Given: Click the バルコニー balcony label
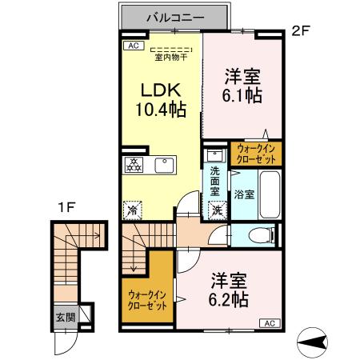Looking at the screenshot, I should pyautogui.click(x=176, y=16).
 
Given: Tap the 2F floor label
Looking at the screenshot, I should pyautogui.click(x=299, y=32).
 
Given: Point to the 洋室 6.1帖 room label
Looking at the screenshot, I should pyautogui.click(x=242, y=86).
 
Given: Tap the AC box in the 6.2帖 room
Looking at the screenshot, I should pyautogui.click(x=268, y=323).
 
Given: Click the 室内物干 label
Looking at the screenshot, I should pyautogui.click(x=170, y=57).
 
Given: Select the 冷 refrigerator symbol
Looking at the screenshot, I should pyautogui.click(x=131, y=211).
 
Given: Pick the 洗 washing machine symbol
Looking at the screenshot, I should pyautogui.click(x=216, y=210).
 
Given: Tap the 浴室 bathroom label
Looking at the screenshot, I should pyautogui.click(x=244, y=194).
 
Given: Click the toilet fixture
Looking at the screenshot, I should pyautogui.click(x=261, y=235).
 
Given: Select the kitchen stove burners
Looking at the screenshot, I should pyautogui.click(x=133, y=165).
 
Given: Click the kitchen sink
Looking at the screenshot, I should pyautogui.click(x=164, y=165).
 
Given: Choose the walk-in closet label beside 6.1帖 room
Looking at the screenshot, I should pyautogui.click(x=255, y=154).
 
